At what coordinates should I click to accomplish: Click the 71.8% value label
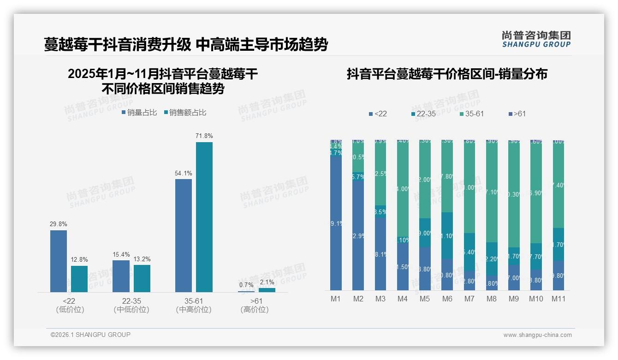click(204, 136)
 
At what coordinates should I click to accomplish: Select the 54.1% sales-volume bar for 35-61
click(184, 235)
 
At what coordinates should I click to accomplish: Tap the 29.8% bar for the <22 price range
click(59, 261)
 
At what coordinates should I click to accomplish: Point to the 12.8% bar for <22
click(79, 279)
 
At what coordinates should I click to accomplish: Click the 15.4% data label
click(121, 255)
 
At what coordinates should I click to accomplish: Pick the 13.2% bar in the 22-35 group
click(142, 278)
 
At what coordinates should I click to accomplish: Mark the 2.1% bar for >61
click(267, 290)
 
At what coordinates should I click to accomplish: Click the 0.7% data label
click(246, 285)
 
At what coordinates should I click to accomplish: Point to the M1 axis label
click(336, 299)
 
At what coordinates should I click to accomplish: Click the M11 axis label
click(559, 299)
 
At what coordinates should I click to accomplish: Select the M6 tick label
click(447, 299)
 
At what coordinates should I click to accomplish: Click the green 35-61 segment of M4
click(403, 189)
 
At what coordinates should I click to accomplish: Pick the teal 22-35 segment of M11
click(559, 245)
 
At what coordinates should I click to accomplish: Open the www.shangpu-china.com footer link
click(537, 335)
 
